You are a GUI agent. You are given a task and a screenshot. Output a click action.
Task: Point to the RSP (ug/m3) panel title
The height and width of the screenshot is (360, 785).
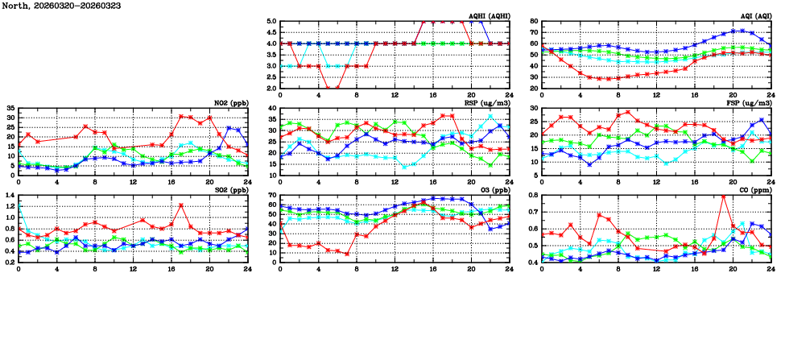click(485, 102)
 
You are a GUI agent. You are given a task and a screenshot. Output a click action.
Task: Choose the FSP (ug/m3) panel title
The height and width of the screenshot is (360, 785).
click(748, 102)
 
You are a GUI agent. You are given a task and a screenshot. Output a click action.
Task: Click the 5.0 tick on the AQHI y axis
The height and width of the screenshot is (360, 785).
click(271, 22)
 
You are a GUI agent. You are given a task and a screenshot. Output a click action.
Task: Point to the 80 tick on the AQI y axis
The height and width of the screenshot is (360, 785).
click(534, 22)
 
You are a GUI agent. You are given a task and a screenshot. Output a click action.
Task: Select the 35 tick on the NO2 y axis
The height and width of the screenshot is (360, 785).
click(10, 108)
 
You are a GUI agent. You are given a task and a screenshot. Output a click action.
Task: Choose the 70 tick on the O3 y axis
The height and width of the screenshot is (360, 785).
click(272, 195)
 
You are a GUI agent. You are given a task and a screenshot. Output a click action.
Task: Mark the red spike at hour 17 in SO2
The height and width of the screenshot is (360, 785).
click(181, 205)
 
